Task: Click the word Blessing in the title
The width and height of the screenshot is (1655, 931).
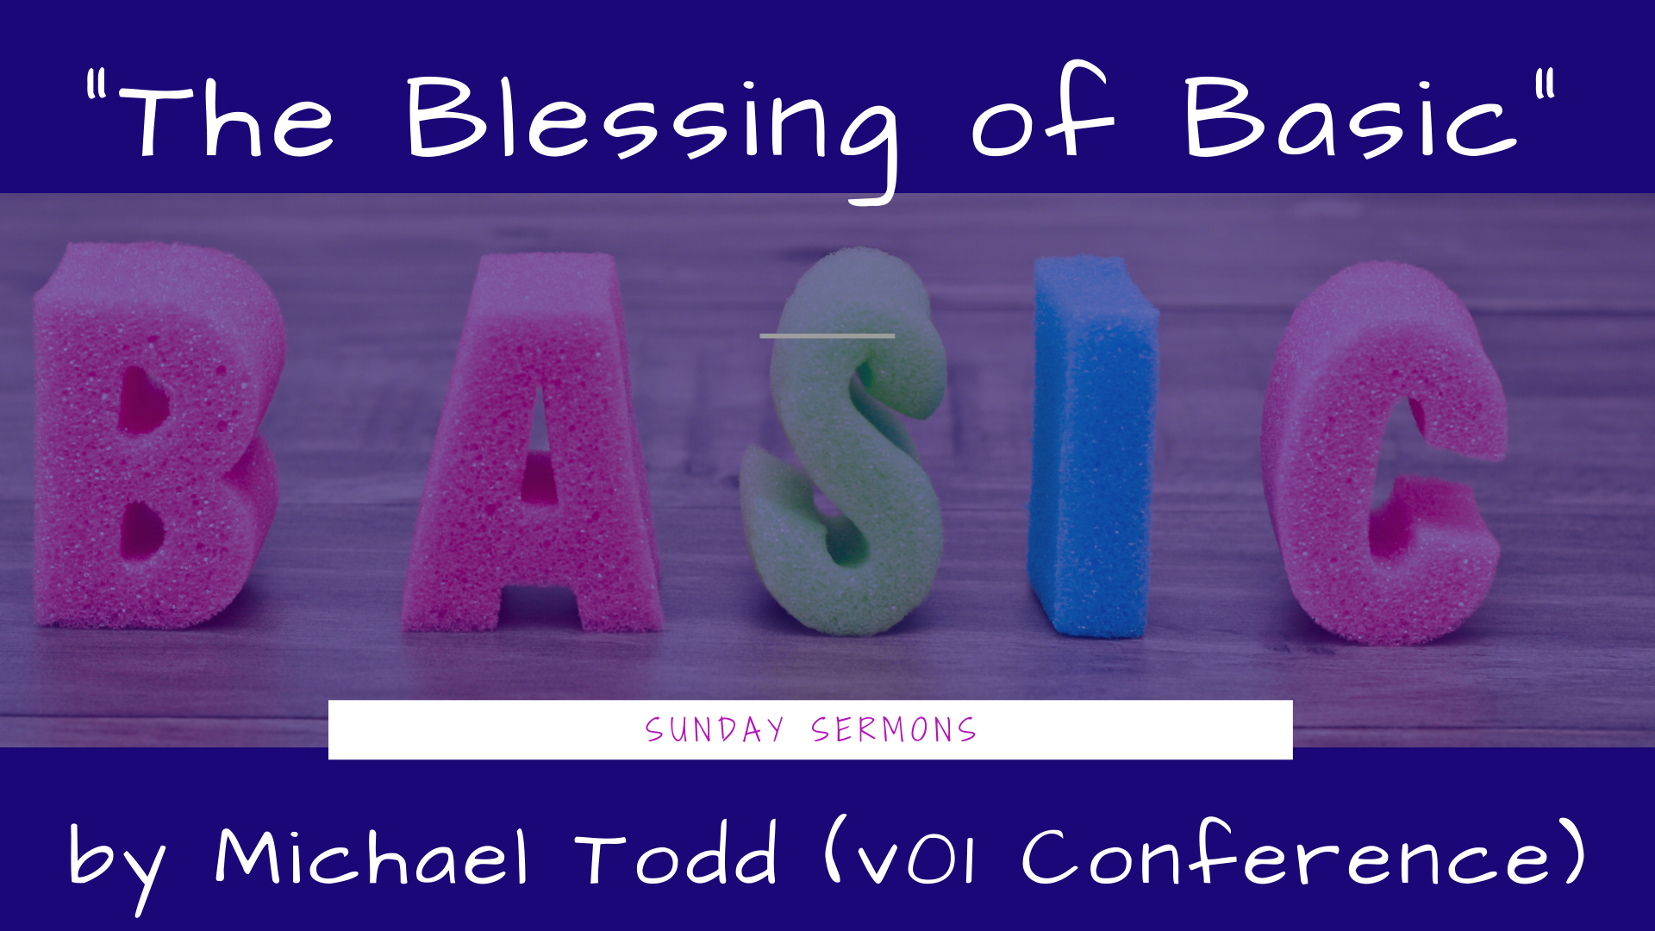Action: tap(651, 121)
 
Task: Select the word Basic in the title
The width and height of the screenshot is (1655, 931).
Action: tap(1349, 121)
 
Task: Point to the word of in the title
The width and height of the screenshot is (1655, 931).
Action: tap(1043, 116)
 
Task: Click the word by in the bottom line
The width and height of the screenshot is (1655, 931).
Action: tap(116, 862)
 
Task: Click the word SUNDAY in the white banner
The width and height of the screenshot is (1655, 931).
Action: tap(715, 730)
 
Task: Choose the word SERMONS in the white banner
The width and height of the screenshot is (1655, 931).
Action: tap(893, 730)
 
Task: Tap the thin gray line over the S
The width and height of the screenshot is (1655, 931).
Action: tap(827, 335)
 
